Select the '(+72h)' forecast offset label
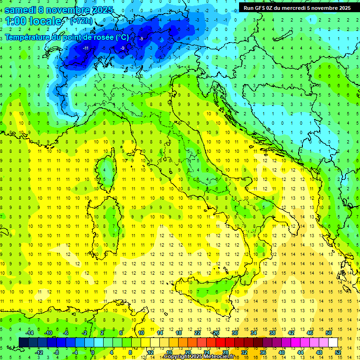(81, 21)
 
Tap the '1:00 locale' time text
(33, 21)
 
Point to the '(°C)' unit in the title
(122, 37)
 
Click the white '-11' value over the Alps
(86, 48)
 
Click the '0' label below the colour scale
(93, 352)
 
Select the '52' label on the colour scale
(337, 352)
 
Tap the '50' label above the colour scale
(329, 333)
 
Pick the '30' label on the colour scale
(235, 333)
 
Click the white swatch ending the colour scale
(333, 342)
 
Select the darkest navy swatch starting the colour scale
(24, 342)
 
